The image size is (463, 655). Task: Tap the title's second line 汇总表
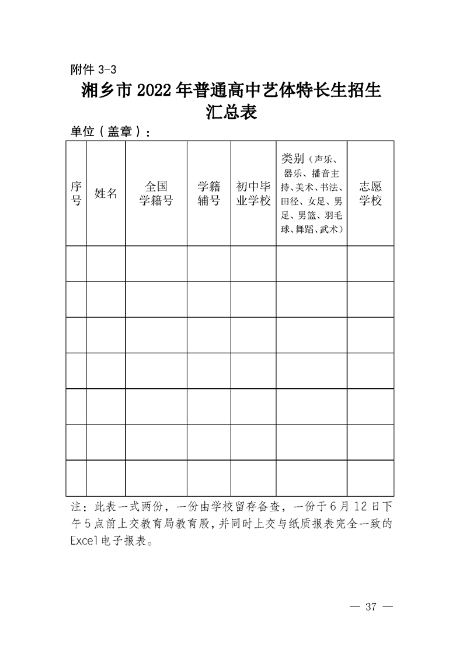pyautogui.click(x=231, y=112)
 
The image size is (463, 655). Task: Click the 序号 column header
pyautogui.click(x=76, y=193)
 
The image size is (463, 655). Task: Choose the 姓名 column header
pyautogui.click(x=106, y=193)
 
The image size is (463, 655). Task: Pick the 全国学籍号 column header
pyautogui.click(x=156, y=193)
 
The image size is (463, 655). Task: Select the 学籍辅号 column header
pyautogui.click(x=208, y=193)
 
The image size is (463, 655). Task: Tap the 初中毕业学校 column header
pyautogui.click(x=253, y=193)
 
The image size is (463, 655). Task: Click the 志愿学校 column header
pyautogui.click(x=370, y=193)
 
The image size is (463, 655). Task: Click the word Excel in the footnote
pyautogui.click(x=85, y=541)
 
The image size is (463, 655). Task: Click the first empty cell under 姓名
pyautogui.click(x=106, y=264)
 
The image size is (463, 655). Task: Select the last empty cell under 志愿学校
pyautogui.click(x=370, y=478)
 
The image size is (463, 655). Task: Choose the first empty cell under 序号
pyautogui.click(x=76, y=264)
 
